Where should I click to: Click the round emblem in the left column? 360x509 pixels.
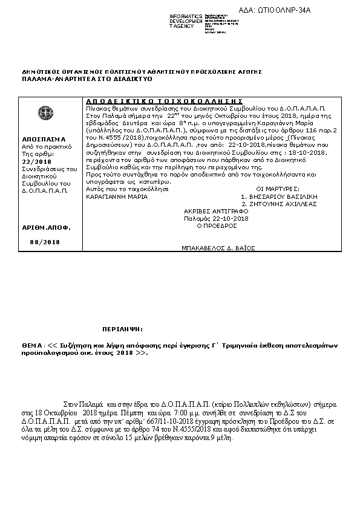[44, 113]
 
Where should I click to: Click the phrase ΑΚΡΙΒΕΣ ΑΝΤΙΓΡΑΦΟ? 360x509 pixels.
[216, 211]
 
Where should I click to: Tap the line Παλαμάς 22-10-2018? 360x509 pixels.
[216, 218]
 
